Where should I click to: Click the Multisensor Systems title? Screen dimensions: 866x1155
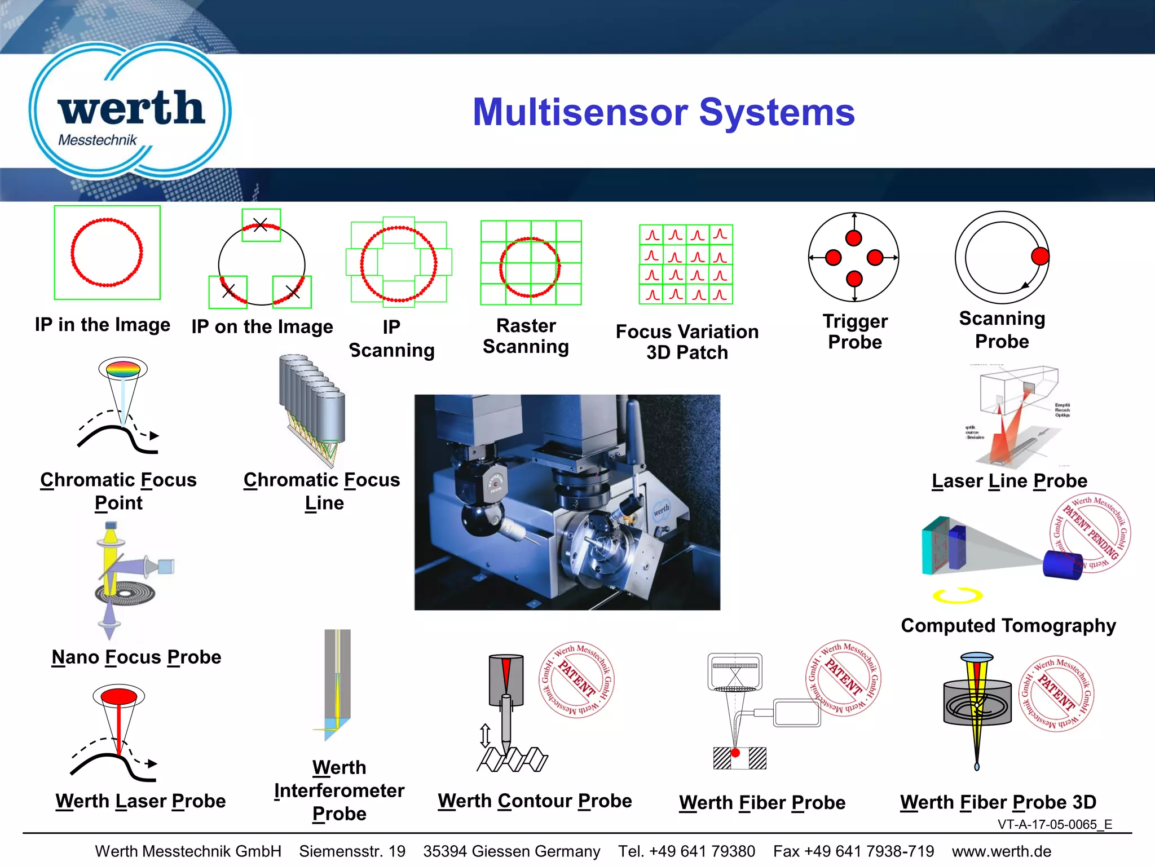click(663, 112)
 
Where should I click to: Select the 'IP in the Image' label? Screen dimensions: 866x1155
click(102, 325)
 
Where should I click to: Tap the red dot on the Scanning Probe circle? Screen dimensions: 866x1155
click(1039, 256)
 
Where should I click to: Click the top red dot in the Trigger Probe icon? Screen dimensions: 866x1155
click(854, 238)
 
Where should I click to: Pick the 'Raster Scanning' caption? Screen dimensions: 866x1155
click(526, 336)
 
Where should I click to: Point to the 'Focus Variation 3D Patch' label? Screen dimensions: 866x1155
click(687, 342)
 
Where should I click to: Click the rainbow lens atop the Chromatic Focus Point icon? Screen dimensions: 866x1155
click(123, 370)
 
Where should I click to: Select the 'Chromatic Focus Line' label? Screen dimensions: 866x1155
click(322, 491)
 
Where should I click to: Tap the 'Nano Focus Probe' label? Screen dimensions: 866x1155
click(136, 657)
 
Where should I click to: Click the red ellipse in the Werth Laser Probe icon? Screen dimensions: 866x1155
click(119, 696)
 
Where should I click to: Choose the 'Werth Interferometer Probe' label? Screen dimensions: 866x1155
click(339, 790)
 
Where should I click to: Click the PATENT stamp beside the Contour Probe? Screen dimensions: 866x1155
click(576, 680)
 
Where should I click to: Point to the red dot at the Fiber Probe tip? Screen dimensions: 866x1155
click(735, 753)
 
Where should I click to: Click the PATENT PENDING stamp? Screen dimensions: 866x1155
click(1091, 532)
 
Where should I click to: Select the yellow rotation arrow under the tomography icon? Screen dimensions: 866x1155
click(957, 595)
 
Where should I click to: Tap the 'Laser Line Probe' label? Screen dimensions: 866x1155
click(1009, 481)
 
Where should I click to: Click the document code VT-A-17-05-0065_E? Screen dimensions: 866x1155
click(1055, 824)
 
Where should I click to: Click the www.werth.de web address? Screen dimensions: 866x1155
click(1001, 851)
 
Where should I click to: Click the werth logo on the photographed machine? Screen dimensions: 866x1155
click(661, 510)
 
